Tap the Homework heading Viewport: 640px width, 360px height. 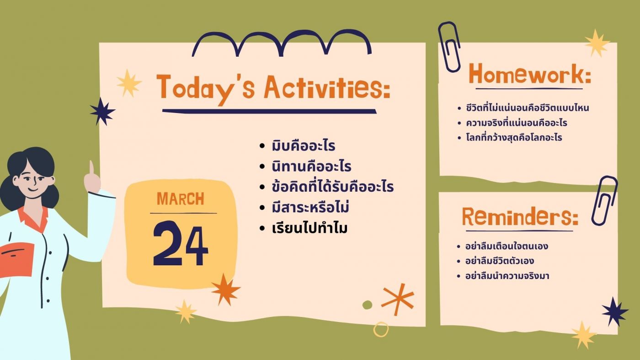pyautogui.click(x=530, y=74)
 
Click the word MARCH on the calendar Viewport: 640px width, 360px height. pyautogui.click(x=181, y=199)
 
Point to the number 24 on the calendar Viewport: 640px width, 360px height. pyautogui.click(x=181, y=244)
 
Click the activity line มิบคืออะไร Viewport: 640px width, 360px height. pyautogui.click(x=304, y=146)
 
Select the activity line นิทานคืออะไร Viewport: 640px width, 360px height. pyautogui.click(x=311, y=167)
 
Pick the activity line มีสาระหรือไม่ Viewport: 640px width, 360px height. pyautogui.click(x=310, y=207)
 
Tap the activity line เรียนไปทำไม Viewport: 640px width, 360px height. pyautogui.click(x=310, y=228)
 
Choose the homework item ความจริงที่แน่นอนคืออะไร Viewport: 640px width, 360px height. pyautogui.click(x=517, y=123)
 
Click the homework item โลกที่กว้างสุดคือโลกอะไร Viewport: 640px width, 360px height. pyautogui.click(x=514, y=138)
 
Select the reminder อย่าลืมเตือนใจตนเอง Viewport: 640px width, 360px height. pyautogui.click(x=507, y=246)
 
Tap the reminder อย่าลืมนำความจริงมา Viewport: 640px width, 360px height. pyautogui.click(x=507, y=276)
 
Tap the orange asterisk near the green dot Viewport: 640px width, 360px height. pyautogui.click(x=398, y=299)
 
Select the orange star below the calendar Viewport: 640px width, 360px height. pyautogui.click(x=225, y=290)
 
